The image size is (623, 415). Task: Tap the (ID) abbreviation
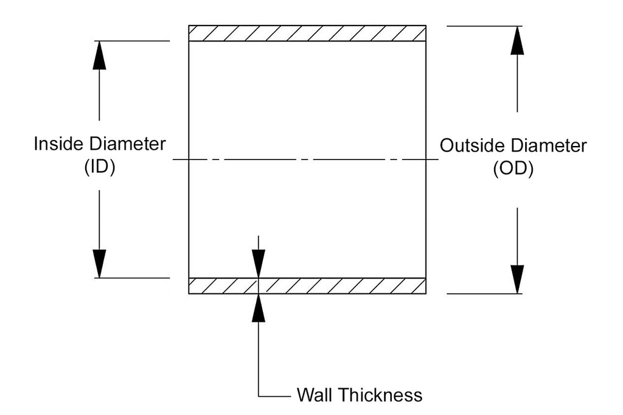(x=100, y=169)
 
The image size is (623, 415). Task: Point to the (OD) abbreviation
(x=512, y=170)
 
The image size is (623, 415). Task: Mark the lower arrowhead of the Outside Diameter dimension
(x=517, y=279)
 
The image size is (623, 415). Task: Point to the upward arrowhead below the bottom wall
(x=259, y=308)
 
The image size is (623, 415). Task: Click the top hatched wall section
(x=307, y=33)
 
